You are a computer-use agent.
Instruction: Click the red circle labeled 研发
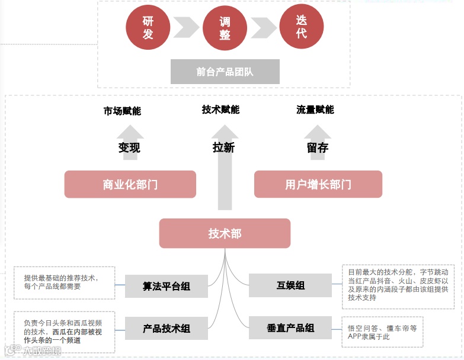pyautogui.click(x=148, y=27)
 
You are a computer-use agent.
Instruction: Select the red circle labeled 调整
pyautogui.click(x=225, y=28)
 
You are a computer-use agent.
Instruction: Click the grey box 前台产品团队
pyautogui.click(x=225, y=72)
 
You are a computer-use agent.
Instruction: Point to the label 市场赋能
pyautogui.click(x=122, y=111)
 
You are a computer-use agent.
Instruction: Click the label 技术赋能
pyautogui.click(x=220, y=110)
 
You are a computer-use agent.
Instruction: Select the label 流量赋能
pyautogui.click(x=315, y=110)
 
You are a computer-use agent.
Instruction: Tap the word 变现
pyautogui.click(x=129, y=147)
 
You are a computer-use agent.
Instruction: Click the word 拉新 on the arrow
pyautogui.click(x=223, y=147)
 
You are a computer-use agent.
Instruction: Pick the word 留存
pyautogui.click(x=318, y=147)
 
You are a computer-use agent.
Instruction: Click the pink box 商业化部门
pyautogui.click(x=130, y=184)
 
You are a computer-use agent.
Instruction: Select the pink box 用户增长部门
pyautogui.click(x=318, y=184)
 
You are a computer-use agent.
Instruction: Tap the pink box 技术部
pyautogui.click(x=225, y=233)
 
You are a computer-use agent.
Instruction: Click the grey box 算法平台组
pyautogui.click(x=167, y=286)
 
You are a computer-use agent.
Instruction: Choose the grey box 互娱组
pyautogui.click(x=290, y=285)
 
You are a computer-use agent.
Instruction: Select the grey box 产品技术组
pyautogui.click(x=167, y=328)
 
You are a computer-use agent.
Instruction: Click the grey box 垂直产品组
pyautogui.click(x=290, y=328)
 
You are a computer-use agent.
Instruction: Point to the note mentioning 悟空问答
pyautogui.click(x=382, y=332)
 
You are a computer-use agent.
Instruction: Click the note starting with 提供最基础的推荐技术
pyautogui.click(x=65, y=282)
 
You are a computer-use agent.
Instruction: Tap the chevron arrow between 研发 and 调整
pyautogui.click(x=186, y=27)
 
